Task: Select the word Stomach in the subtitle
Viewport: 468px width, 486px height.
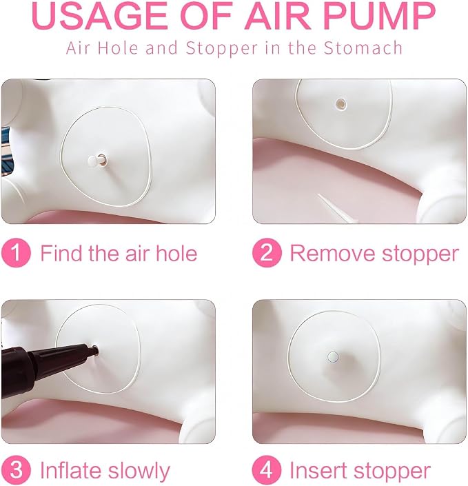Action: tap(363, 48)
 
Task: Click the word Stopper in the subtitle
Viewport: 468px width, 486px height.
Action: tap(222, 49)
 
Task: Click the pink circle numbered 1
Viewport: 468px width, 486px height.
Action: tap(16, 253)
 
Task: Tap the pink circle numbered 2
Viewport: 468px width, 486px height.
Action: tap(267, 253)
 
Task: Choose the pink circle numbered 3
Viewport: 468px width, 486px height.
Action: tap(16, 470)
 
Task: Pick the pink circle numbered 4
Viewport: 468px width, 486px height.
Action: tap(267, 470)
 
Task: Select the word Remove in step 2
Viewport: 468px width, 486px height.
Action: tap(332, 254)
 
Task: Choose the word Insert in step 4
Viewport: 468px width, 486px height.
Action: tap(318, 471)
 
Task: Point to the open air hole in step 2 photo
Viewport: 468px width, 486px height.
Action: tap(341, 104)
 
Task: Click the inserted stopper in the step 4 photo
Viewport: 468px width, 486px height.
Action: tap(333, 357)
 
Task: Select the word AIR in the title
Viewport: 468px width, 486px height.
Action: tap(278, 15)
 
